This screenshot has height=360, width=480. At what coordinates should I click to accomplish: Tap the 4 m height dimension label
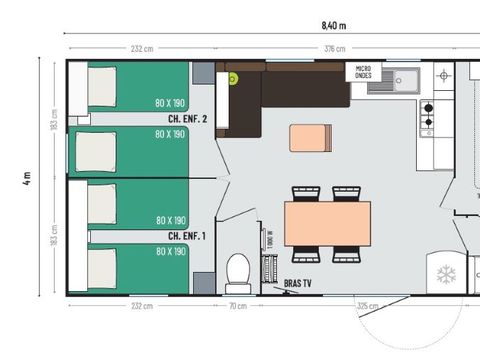point(27,179)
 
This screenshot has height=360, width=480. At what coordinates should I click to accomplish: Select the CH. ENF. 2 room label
point(188,119)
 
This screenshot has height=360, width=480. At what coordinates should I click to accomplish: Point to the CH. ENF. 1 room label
point(188,236)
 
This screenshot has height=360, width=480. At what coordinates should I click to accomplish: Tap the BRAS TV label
point(298,284)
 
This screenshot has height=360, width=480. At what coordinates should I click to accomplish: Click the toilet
point(238,269)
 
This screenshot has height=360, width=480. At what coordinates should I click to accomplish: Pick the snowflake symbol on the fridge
point(447,272)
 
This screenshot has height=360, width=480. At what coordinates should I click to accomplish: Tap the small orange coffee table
point(310,137)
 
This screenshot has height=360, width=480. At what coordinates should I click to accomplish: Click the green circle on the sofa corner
point(233,78)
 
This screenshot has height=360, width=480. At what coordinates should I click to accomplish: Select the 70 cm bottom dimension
point(238,307)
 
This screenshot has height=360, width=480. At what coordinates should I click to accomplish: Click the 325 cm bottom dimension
point(367,307)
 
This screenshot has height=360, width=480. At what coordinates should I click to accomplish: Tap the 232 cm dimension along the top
point(141,48)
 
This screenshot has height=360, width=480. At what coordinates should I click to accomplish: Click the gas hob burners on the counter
point(428,117)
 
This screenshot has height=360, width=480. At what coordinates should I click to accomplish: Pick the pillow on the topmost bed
point(103,86)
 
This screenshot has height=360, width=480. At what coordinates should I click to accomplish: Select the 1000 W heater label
point(270,240)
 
